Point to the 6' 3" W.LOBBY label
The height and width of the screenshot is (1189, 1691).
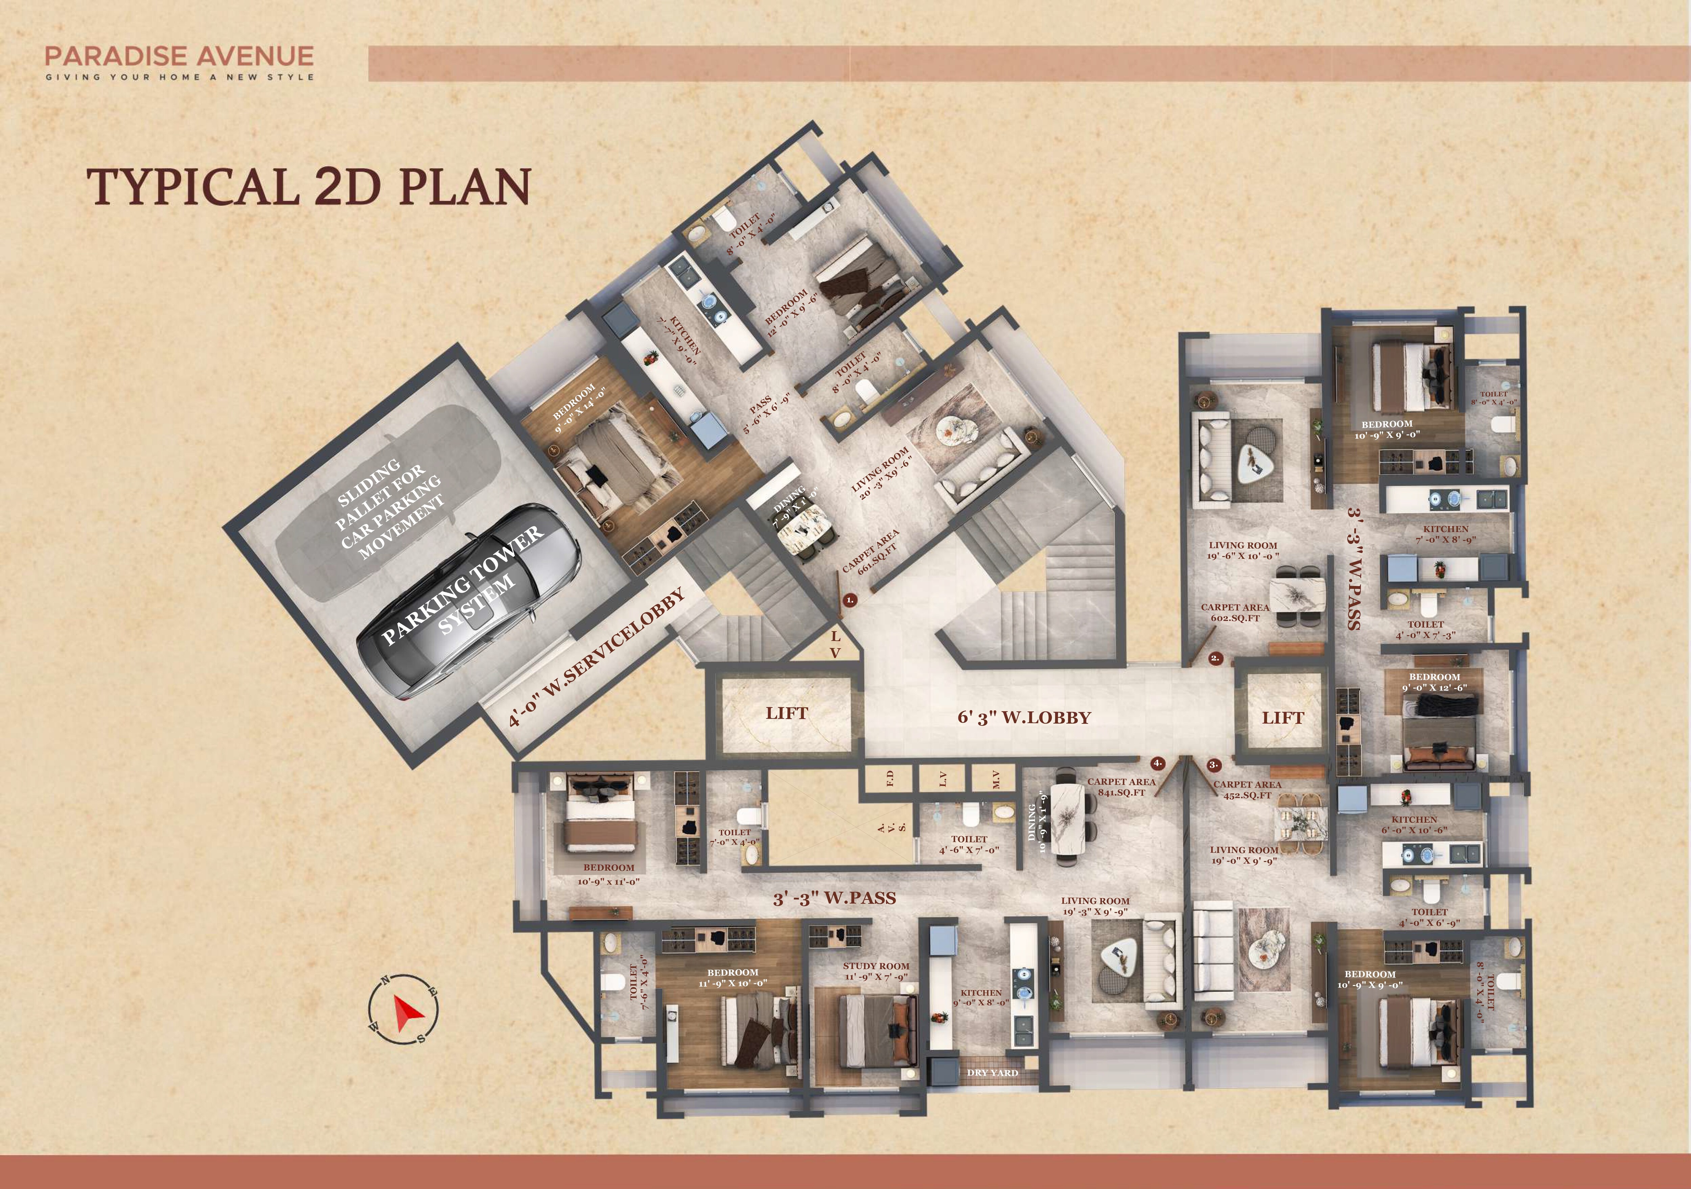coord(1024,718)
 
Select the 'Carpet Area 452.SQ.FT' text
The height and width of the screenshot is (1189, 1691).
coord(1248,790)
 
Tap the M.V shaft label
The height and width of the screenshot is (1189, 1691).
coord(996,779)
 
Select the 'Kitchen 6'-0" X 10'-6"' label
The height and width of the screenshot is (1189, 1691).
coord(1414,824)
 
